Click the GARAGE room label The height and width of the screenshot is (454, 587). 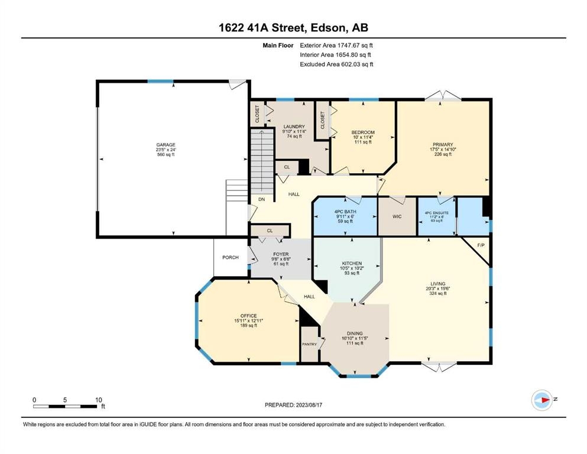tap(166, 145)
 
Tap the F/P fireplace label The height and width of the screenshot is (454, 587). tap(481, 245)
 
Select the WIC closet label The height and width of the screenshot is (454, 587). tap(397, 216)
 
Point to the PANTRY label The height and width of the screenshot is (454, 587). tap(310, 344)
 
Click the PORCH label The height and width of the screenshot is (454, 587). tap(231, 258)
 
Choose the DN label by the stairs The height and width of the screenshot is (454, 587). tap(262, 199)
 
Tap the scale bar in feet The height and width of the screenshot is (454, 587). tap(65, 406)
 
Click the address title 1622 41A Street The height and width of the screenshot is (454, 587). tap(263, 28)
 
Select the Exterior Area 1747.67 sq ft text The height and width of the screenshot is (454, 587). tap(336, 46)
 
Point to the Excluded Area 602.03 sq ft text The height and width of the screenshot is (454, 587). tap(336, 64)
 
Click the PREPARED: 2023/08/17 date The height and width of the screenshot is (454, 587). tap(293, 405)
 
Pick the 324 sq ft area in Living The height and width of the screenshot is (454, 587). tap(437, 293)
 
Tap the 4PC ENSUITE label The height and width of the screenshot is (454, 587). tap(436, 213)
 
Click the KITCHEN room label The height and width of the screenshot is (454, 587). tap(352, 264)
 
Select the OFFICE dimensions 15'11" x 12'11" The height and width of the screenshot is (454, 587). tap(249, 321)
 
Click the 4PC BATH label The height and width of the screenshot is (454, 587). tap(345, 212)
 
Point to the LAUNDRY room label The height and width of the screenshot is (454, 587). tap(294, 127)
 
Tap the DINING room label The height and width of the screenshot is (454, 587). tap(355, 333)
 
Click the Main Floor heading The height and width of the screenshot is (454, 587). tap(278, 46)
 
